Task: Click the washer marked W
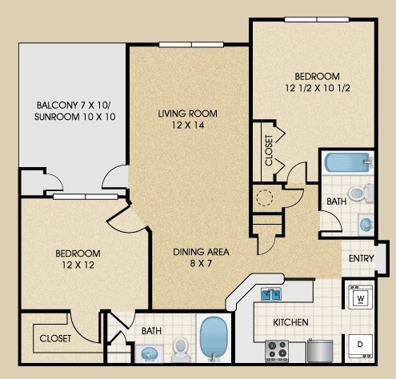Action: [x=361, y=297]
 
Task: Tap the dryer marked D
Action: [x=361, y=345]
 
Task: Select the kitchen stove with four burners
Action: [x=277, y=350]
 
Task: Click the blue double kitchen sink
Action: [x=270, y=294]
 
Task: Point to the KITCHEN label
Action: [x=290, y=322]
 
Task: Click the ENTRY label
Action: [x=361, y=258]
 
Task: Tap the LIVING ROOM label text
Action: [x=187, y=114]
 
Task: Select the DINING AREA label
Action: [x=201, y=252]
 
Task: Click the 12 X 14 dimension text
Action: [x=188, y=125]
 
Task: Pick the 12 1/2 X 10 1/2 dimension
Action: [x=318, y=88]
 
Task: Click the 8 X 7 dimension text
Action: [x=201, y=264]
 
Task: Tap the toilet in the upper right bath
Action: [x=361, y=193]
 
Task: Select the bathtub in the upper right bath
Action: [x=349, y=162]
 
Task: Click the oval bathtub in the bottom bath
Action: [x=214, y=337]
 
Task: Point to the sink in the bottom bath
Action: [x=150, y=354]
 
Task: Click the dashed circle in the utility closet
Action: [x=265, y=197]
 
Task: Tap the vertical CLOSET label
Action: [x=269, y=150]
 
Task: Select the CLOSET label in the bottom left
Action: [x=55, y=338]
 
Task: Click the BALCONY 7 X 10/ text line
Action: [x=74, y=106]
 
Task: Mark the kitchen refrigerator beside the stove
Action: [x=320, y=350]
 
